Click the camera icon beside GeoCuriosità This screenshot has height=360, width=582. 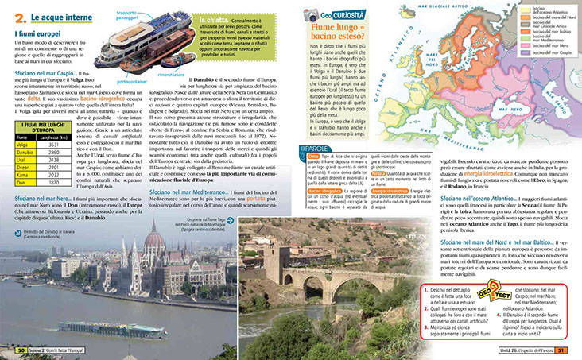point(313,14)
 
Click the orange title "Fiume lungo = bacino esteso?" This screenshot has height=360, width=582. point(335,33)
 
